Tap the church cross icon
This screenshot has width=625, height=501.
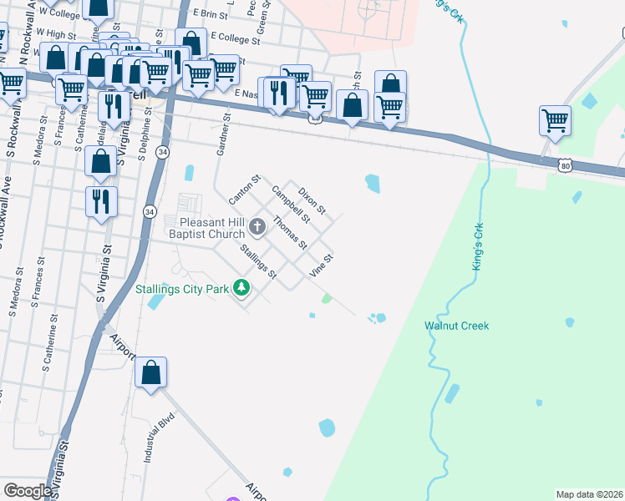[x=257, y=225]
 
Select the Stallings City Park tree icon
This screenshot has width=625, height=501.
[x=241, y=288]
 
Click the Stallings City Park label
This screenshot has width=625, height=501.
[x=182, y=289]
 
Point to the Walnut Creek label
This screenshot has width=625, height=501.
[x=456, y=326]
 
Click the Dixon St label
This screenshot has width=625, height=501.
[x=312, y=199]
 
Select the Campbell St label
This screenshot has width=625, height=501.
[x=290, y=205]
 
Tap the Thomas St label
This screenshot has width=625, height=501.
[x=291, y=234]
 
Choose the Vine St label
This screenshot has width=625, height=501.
[x=322, y=266]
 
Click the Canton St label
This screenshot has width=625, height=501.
[x=245, y=190]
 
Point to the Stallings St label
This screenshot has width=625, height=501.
[x=258, y=261]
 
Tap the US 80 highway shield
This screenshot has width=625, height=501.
[x=566, y=166]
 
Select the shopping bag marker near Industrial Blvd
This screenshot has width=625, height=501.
[x=151, y=373]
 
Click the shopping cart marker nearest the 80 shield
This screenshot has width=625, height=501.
[x=555, y=122]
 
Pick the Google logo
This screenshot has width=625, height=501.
[x=28, y=491]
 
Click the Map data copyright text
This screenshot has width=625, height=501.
[x=589, y=494]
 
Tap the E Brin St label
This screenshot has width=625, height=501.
[x=210, y=15]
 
